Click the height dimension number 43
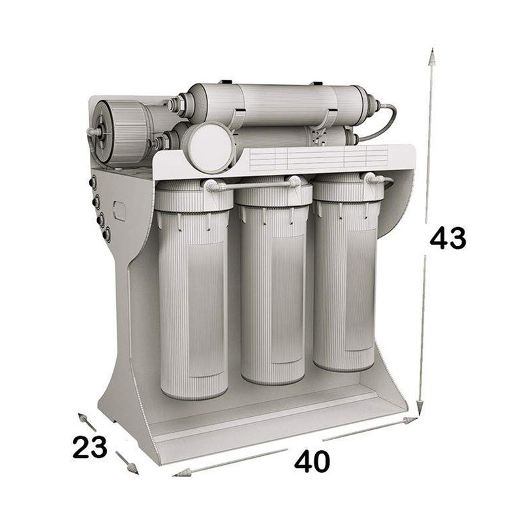pos(448,239)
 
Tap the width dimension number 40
pos(312,462)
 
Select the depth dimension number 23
pos(89,448)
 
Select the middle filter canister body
pos(273,294)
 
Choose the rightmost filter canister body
pos(345,281)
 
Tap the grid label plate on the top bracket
pos(320,157)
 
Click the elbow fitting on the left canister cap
pos(211,187)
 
